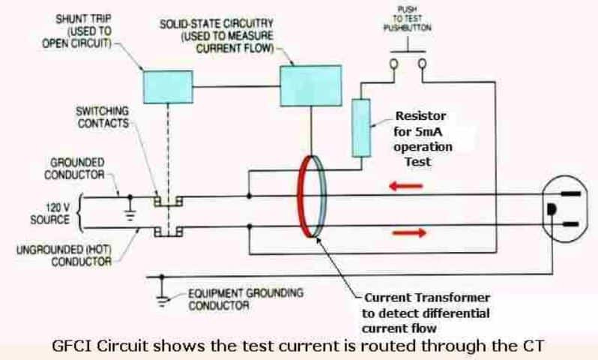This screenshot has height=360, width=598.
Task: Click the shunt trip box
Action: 169,81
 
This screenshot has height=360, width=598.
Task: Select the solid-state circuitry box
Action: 310,85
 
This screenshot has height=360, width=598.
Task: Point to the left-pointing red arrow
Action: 402,183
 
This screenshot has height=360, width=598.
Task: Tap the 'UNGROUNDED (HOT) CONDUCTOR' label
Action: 64,255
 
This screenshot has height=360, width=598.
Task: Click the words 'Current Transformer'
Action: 420,297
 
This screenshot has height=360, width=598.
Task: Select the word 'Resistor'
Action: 421,116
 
